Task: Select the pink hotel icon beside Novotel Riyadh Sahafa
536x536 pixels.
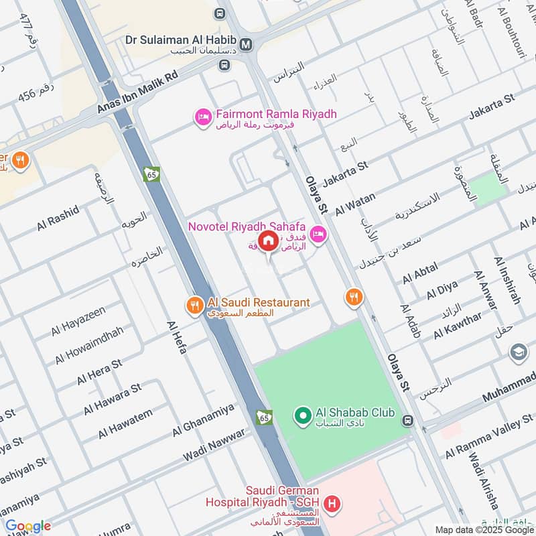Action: pos(318,234)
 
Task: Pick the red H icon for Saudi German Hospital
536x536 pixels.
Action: pos(330,503)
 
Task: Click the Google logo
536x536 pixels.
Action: pos(27,526)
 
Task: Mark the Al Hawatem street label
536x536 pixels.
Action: pos(125,423)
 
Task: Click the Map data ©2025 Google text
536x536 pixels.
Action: pos(485,529)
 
